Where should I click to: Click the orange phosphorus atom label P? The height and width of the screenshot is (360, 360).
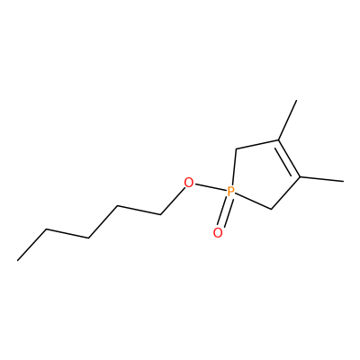[x=230, y=191]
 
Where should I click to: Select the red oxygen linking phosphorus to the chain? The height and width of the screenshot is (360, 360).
[x=188, y=183]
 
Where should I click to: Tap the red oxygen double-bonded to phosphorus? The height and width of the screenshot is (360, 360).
[x=218, y=232]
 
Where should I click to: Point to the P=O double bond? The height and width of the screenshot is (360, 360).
[x=225, y=211]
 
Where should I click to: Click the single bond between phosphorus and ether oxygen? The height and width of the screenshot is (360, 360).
[x=210, y=186]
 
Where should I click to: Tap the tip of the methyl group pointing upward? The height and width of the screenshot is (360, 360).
[x=296, y=101]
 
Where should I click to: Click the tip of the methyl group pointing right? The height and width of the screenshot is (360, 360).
[x=343, y=181]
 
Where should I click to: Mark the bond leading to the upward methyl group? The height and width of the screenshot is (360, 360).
[x=288, y=121]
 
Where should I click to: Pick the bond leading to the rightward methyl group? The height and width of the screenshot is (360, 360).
[x=321, y=179]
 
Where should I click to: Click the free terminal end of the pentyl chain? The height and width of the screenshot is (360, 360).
[x=18, y=260]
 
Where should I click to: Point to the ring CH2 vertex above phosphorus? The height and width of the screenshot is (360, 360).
[x=237, y=148]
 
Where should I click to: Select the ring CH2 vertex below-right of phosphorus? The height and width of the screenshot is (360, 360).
[x=271, y=209]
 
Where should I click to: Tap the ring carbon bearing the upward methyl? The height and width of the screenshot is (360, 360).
[x=279, y=139]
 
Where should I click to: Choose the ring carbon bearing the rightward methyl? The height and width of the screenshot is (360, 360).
[x=300, y=177]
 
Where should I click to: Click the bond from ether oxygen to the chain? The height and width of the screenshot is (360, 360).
[x=172, y=201]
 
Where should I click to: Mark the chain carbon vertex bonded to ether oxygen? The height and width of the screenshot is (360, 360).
[x=161, y=214]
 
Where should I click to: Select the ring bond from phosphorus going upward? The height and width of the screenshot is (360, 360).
[x=234, y=167]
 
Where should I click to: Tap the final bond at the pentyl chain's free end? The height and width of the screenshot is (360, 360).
[x=31, y=245]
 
